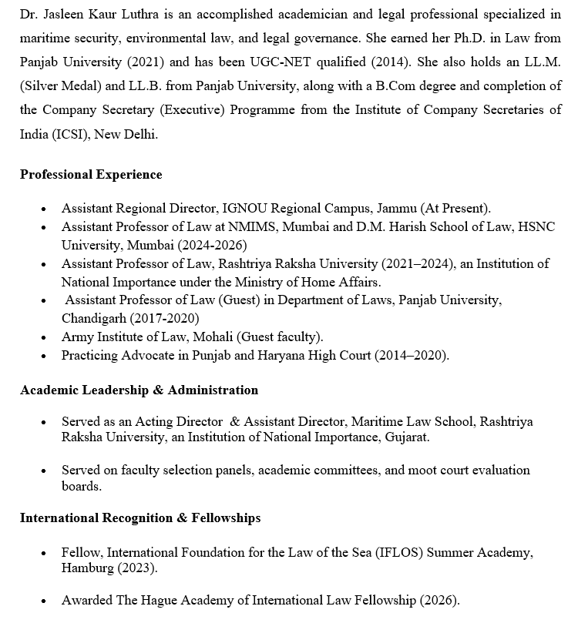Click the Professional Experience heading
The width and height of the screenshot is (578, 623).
tap(91, 174)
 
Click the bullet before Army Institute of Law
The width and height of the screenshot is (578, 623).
tap(44, 337)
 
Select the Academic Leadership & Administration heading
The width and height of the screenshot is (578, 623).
tap(139, 390)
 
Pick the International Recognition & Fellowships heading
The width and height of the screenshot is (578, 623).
tap(140, 517)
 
